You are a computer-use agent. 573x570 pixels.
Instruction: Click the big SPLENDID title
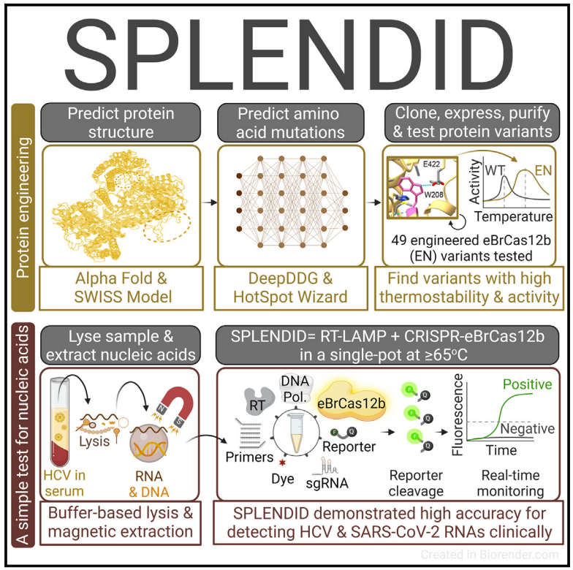(289, 55)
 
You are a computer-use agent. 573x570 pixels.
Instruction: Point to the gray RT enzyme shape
(259, 400)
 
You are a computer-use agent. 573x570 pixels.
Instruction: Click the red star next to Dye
(282, 463)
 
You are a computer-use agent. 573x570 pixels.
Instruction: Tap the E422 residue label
(431, 164)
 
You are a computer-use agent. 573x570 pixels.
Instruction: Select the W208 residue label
(433, 194)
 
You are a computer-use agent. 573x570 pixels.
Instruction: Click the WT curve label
(494, 171)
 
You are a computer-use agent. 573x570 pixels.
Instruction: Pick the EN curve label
(543, 171)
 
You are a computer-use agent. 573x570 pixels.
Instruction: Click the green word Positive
(528, 384)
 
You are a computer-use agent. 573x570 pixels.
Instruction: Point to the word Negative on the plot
(528, 428)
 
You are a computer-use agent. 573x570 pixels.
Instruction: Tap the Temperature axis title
(513, 216)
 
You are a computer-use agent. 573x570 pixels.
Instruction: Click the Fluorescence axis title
(458, 415)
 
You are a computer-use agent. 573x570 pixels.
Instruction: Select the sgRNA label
(327, 483)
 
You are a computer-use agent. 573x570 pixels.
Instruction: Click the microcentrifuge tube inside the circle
(297, 433)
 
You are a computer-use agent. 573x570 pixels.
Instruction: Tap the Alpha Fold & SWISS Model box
(121, 288)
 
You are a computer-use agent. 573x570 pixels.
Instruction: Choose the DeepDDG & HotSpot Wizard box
(291, 288)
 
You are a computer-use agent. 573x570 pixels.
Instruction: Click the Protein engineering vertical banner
(23, 208)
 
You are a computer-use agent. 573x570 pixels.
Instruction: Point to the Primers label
(250, 457)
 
